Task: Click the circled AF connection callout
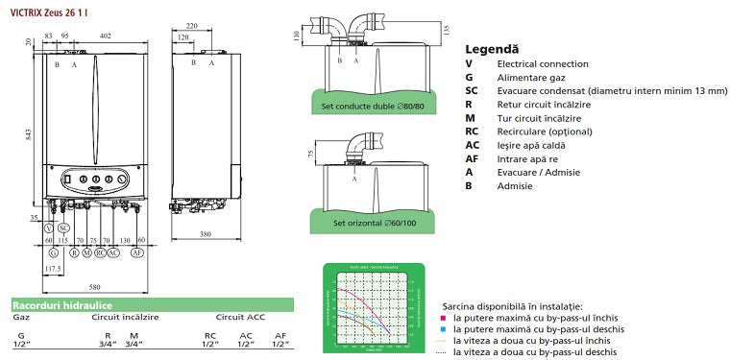tap(138, 252)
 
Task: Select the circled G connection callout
tap(54, 252)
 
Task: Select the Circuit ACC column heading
tap(240, 316)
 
